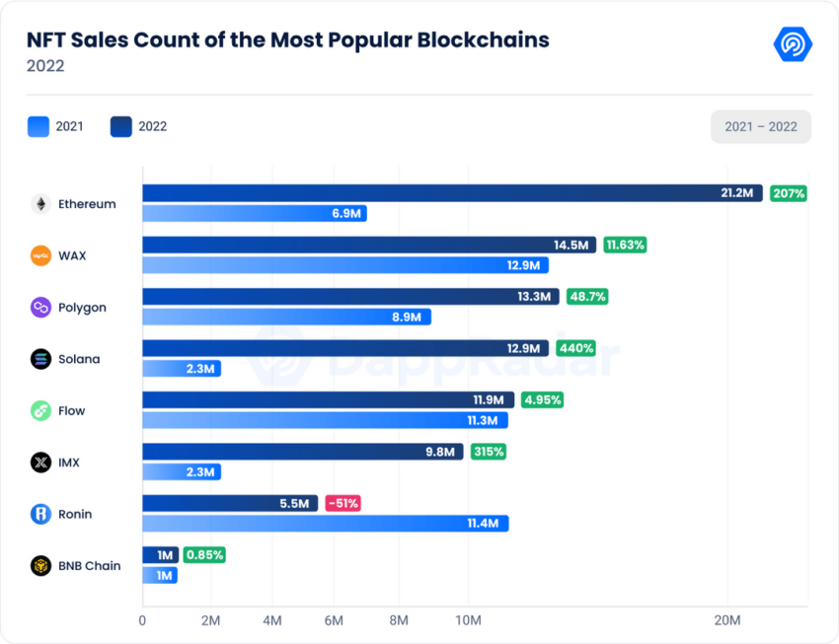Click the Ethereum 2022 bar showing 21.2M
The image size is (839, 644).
point(452,193)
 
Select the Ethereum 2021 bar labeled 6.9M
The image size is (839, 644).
point(254,213)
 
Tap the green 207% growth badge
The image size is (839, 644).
point(789,193)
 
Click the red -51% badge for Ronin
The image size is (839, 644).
point(343,503)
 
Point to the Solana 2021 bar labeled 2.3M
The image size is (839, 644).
point(182,368)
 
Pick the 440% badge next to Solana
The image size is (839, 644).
point(575,348)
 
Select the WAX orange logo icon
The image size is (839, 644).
point(40,255)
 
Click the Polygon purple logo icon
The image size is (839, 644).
point(40,308)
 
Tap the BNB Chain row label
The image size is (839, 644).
point(90,565)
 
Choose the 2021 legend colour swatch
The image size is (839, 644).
point(38,126)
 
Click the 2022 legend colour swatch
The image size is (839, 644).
point(121,126)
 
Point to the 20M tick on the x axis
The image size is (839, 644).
point(727,620)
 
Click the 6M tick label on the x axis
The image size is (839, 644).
point(334,620)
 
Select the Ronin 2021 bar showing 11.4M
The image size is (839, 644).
point(326,524)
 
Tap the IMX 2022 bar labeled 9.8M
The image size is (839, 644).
point(303,452)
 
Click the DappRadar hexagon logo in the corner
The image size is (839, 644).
point(793,43)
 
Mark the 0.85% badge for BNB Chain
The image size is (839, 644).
point(204,555)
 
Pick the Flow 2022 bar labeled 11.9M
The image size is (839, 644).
point(328,399)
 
